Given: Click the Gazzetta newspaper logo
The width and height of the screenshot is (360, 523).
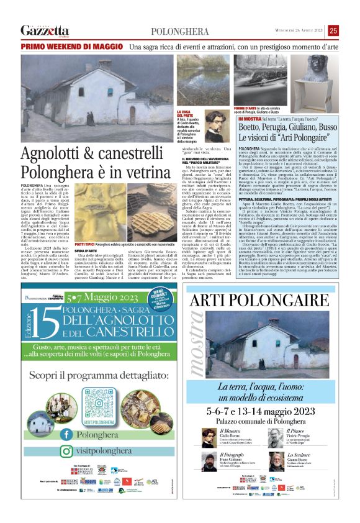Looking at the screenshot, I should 45,30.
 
